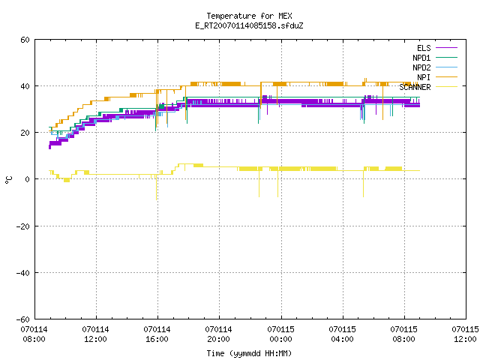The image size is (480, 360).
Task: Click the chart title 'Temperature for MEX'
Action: pos(249,16)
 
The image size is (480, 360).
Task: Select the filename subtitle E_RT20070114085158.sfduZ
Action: pos(249,25)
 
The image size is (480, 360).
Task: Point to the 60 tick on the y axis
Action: pos(25,40)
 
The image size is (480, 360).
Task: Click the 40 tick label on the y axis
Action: pos(25,86)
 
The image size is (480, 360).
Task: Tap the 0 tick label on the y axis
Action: pos(28,179)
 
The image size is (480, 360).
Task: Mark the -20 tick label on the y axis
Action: pos(23,226)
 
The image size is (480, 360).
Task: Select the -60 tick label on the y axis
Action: pos(23,319)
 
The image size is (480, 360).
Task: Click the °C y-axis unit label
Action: pos(8,180)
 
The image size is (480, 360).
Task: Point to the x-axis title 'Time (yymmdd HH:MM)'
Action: pos(249,353)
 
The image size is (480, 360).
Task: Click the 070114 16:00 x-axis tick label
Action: pos(157,334)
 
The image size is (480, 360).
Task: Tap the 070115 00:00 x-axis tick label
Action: pos(280,334)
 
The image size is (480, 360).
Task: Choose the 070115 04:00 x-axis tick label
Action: pos(342,334)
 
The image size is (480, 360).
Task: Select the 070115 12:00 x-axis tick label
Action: pos(465,334)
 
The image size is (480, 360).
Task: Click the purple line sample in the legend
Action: pos(447,48)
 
